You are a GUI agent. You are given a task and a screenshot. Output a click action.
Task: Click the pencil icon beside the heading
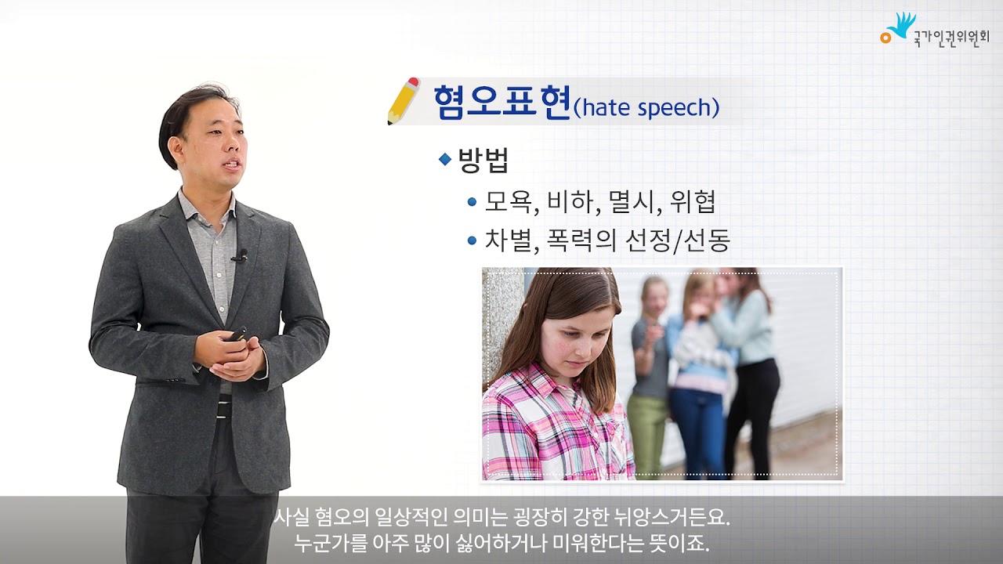[403, 101]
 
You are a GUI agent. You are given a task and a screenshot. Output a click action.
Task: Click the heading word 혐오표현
[501, 103]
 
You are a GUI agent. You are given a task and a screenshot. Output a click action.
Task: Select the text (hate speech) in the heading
[646, 108]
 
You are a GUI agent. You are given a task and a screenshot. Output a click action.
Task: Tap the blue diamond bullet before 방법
[445, 159]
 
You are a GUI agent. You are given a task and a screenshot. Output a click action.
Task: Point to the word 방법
[483, 160]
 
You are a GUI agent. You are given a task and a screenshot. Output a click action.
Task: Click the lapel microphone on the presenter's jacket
[240, 255]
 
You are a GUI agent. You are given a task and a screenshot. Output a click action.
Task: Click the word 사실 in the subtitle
[291, 519]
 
